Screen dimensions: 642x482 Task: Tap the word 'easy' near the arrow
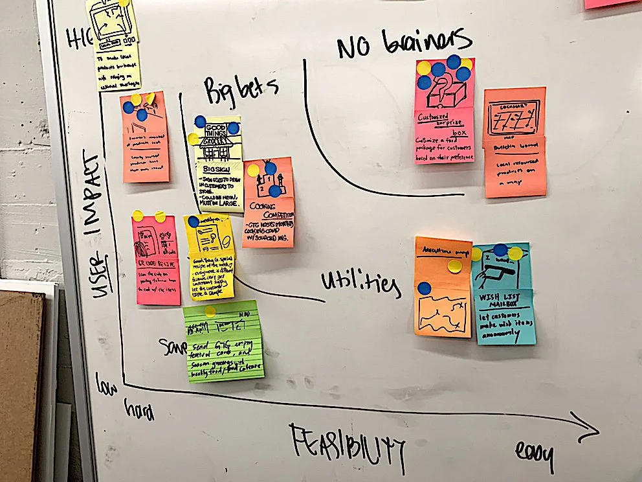pyautogui.click(x=535, y=455)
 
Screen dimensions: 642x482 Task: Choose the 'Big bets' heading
pyautogui.click(x=240, y=90)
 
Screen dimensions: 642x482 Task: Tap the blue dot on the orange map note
pyautogui.click(x=424, y=288)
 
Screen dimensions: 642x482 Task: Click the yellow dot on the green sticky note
pyautogui.click(x=210, y=312)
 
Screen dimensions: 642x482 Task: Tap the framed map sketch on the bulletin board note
pyautogui.click(x=514, y=117)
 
